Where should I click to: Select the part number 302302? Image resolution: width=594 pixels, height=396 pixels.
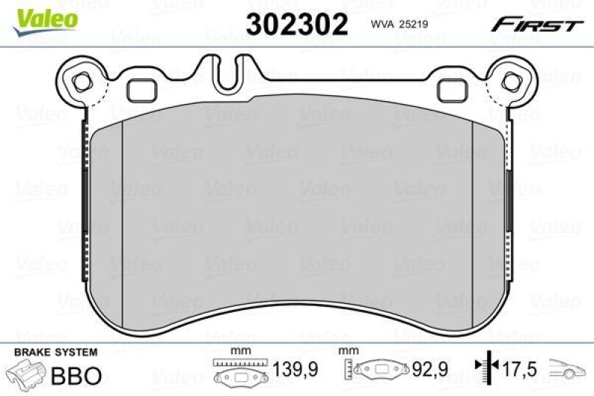pyautogui.click(x=297, y=25)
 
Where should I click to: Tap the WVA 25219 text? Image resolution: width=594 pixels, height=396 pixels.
pyautogui.click(x=402, y=25)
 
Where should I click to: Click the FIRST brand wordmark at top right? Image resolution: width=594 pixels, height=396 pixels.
pyautogui.click(x=535, y=25)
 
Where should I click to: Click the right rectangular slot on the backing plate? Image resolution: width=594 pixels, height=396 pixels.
pyautogui.click(x=451, y=90)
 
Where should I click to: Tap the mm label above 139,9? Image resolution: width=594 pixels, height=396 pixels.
pyautogui.click(x=238, y=351)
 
